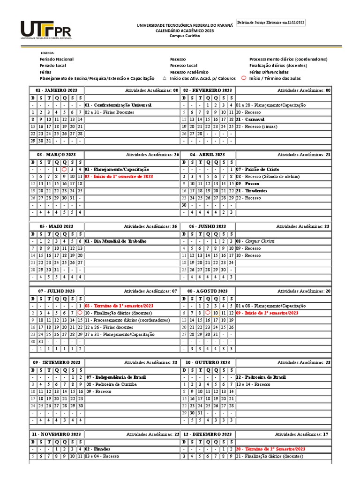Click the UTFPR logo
46,31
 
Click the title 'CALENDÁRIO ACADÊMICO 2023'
184,30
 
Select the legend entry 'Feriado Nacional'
57,60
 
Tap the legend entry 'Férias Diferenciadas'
269,72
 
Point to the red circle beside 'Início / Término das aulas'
243,78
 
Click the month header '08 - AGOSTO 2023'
208,291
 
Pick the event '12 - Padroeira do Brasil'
261,377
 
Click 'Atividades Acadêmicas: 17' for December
302,435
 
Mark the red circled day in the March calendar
64,169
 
